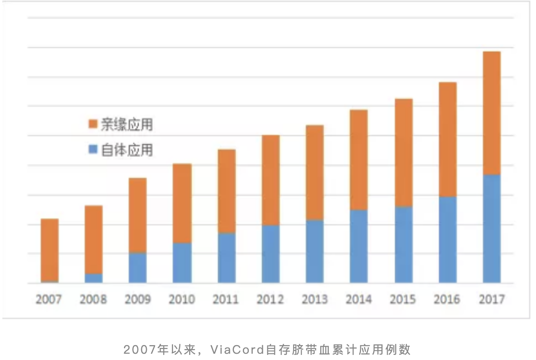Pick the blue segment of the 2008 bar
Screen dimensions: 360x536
pyautogui.click(x=94, y=278)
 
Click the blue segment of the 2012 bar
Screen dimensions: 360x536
pyautogui.click(x=271, y=254)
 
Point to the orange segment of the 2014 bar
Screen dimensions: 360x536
pyautogui.click(x=359, y=160)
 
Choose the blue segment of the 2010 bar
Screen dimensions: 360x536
pyautogui.click(x=182, y=263)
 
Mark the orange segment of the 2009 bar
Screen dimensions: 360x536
pyautogui.click(x=138, y=215)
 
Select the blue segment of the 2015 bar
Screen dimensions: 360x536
pyautogui.click(x=404, y=245)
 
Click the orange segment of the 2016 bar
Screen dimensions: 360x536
pyautogui.click(x=448, y=139)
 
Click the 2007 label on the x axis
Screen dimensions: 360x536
pyautogui.click(x=49, y=299)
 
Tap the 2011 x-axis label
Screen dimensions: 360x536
pyautogui.click(x=226, y=299)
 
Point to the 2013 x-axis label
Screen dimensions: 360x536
pyautogui.click(x=314, y=299)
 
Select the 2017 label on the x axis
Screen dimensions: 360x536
pyautogui.click(x=491, y=299)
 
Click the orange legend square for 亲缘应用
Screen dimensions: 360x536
pyautogui.click(x=93, y=124)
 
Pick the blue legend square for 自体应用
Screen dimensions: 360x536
pyautogui.click(x=93, y=149)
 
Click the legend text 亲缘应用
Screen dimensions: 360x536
pyautogui.click(x=127, y=124)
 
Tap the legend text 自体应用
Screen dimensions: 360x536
pyautogui.click(x=127, y=150)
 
